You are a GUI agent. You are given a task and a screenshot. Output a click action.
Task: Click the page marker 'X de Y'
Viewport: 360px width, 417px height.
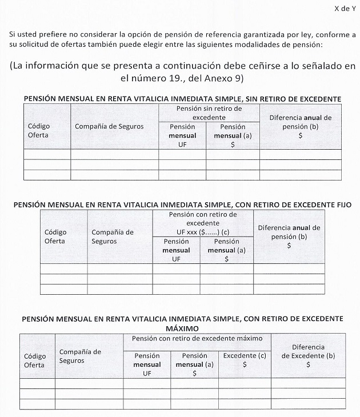click(x=344, y=9)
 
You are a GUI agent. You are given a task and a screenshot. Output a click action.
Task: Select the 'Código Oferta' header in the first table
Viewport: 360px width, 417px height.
click(x=39, y=130)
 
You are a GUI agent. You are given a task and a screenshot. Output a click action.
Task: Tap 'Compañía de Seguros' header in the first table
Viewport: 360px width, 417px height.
click(x=109, y=126)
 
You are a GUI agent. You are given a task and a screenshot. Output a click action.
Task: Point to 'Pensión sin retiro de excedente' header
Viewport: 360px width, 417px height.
click(x=209, y=112)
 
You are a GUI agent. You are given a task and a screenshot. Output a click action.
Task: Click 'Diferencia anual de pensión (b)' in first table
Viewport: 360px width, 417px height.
click(x=300, y=127)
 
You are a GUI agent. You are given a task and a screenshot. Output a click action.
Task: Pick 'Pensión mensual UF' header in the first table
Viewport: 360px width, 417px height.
click(x=182, y=136)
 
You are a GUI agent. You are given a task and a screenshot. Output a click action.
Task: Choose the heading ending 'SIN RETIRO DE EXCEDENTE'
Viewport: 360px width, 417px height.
click(x=182, y=99)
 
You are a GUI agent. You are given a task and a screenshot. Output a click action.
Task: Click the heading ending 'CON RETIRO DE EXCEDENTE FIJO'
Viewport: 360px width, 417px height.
click(x=182, y=203)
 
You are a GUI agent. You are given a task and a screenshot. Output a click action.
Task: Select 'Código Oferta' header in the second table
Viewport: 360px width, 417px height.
click(x=55, y=236)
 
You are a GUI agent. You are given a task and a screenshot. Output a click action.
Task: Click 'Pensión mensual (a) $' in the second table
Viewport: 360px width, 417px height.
click(x=226, y=250)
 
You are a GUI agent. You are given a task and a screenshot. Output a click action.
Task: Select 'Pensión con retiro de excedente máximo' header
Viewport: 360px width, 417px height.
click(x=197, y=339)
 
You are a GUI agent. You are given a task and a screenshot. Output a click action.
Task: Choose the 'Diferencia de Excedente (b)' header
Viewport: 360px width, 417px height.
click(x=308, y=355)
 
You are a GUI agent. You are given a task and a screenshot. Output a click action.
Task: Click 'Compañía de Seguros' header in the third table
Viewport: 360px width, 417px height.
click(x=80, y=356)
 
